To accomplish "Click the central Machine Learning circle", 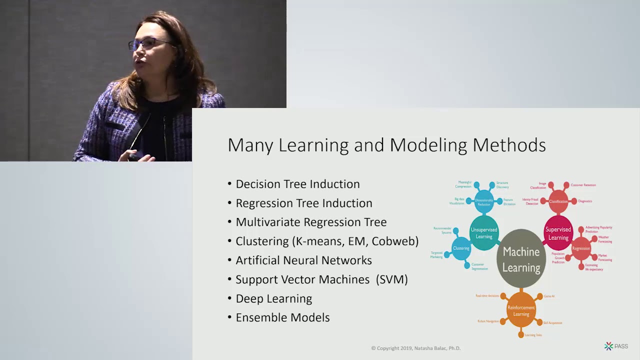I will point(521,259).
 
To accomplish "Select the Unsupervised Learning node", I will point(483,233).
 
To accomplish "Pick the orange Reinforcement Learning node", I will point(521,310).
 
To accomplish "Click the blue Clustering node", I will point(461,248).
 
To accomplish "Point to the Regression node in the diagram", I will point(581,248).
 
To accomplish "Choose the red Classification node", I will point(558,201).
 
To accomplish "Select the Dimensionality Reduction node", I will point(484,201).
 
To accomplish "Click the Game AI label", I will point(549,296).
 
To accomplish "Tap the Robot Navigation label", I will point(487,321).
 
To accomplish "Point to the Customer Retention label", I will point(583,185).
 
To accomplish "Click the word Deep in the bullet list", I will point(249,298).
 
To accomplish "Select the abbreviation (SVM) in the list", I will point(391,279).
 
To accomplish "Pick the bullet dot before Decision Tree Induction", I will point(229,183).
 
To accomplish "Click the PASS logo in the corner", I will point(616,346).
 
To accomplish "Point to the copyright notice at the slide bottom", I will point(415,348).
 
